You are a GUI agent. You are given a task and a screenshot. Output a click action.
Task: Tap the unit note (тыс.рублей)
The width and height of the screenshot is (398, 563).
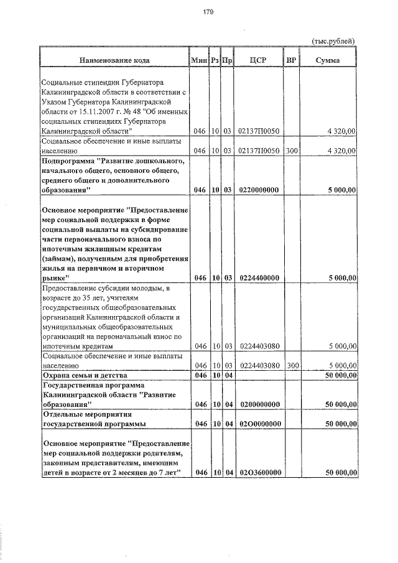click(x=333, y=40)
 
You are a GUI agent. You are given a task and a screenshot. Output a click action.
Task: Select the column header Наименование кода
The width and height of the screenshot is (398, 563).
click(x=114, y=60)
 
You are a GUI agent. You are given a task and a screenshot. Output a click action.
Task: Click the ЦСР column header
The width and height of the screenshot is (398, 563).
click(x=257, y=60)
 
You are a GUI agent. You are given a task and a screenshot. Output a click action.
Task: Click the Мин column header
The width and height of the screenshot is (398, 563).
click(x=199, y=60)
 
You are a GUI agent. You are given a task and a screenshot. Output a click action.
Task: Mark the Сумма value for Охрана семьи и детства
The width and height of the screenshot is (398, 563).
click(x=340, y=376)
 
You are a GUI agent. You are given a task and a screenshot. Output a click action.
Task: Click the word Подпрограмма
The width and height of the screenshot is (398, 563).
click(x=69, y=160)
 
